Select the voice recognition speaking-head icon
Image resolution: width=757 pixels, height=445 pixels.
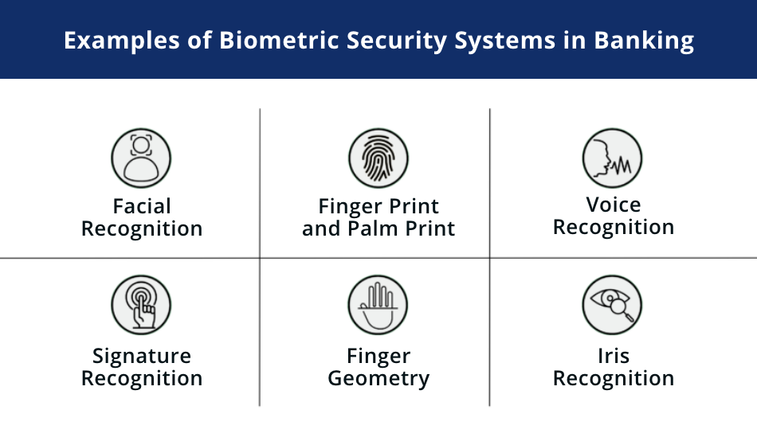pos(612,157)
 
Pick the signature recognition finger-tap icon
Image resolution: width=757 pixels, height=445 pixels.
pos(142,306)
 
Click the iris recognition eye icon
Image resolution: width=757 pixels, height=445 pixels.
pos(612,306)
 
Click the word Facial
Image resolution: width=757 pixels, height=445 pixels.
pos(142,206)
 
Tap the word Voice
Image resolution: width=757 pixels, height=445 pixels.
pos(614,205)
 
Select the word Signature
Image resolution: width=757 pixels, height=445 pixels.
pos(142,355)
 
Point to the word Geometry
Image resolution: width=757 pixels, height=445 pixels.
pos(378,379)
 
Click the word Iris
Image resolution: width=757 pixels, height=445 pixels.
pos(614,355)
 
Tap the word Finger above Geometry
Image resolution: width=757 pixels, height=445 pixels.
pos(378,355)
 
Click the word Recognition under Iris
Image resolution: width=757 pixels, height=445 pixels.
pos(614,378)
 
